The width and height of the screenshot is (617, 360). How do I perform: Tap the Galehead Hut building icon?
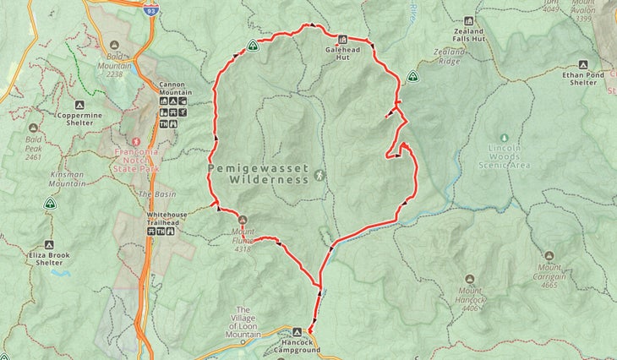pyautogui.click(x=342, y=39)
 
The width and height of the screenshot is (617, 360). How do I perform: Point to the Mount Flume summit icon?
pyautogui.click(x=243, y=219)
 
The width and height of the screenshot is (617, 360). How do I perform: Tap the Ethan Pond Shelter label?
pyautogui.click(x=583, y=79)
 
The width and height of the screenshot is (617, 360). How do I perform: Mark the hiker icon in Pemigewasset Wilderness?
pyautogui.click(x=319, y=175)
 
